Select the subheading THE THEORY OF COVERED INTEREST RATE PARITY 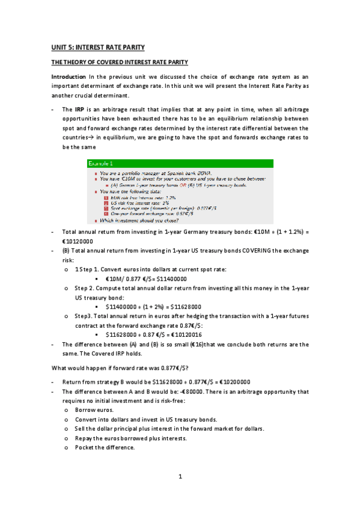pos(120,63)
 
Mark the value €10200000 pos(231,381)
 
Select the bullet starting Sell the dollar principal pos(169,429)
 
